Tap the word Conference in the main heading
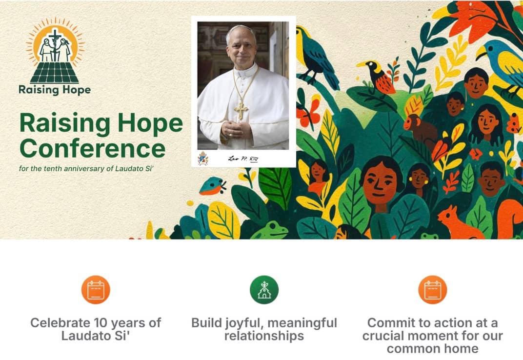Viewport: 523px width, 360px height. click(92, 148)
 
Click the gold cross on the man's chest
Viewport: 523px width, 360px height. click(241, 110)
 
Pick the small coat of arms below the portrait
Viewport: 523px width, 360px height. click(203, 159)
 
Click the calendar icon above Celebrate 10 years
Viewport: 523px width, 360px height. click(96, 290)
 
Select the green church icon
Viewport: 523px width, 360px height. click(264, 290)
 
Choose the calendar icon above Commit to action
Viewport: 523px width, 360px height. click(432, 290)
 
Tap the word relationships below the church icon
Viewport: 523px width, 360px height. click(264, 336)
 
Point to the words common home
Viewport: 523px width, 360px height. click(432, 349)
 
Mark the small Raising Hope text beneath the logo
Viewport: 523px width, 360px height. click(55, 90)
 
